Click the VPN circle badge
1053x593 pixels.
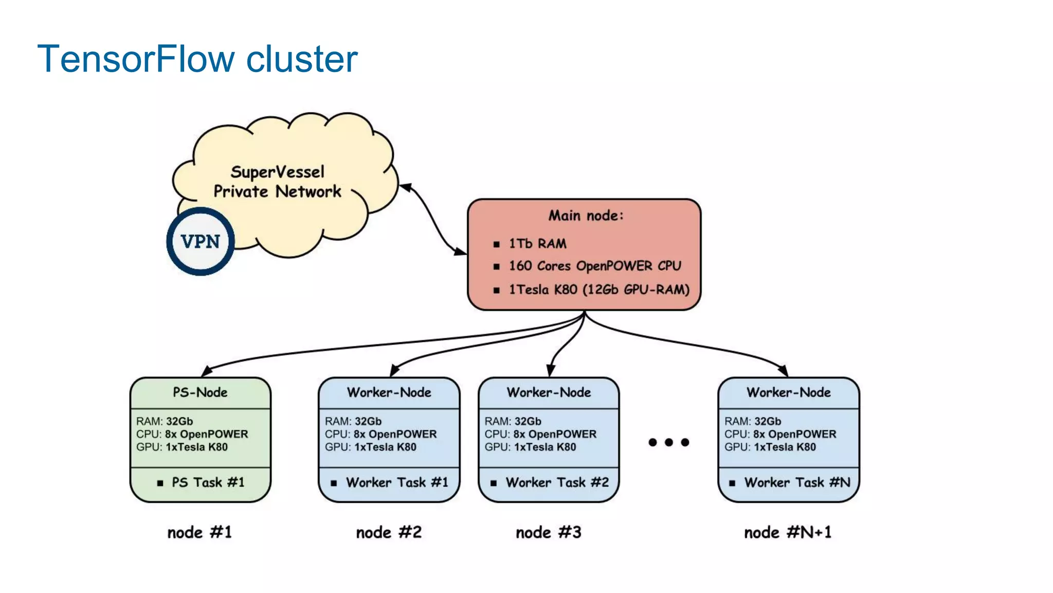[201, 241]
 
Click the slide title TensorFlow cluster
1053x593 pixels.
[197, 59]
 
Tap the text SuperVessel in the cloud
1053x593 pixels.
[277, 171]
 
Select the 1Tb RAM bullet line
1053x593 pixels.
[537, 243]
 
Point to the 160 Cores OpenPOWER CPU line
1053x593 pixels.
[594, 266]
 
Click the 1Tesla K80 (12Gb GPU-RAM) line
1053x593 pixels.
[598, 289]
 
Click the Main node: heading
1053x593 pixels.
[585, 215]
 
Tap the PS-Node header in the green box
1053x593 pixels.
[200, 392]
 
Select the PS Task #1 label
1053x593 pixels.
[208, 482]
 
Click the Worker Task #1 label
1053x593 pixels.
[396, 482]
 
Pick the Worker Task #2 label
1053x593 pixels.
[557, 482]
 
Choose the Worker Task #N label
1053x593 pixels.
[796, 482]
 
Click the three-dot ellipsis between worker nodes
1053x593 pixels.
[668, 442]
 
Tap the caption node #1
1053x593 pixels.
[199, 532]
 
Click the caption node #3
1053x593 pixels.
[549, 532]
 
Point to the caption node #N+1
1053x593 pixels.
[788, 532]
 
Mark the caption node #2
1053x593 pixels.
[389, 532]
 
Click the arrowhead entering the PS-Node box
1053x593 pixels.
[206, 371]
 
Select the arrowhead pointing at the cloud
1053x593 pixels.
[406, 187]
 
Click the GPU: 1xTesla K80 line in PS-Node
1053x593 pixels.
[181, 447]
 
